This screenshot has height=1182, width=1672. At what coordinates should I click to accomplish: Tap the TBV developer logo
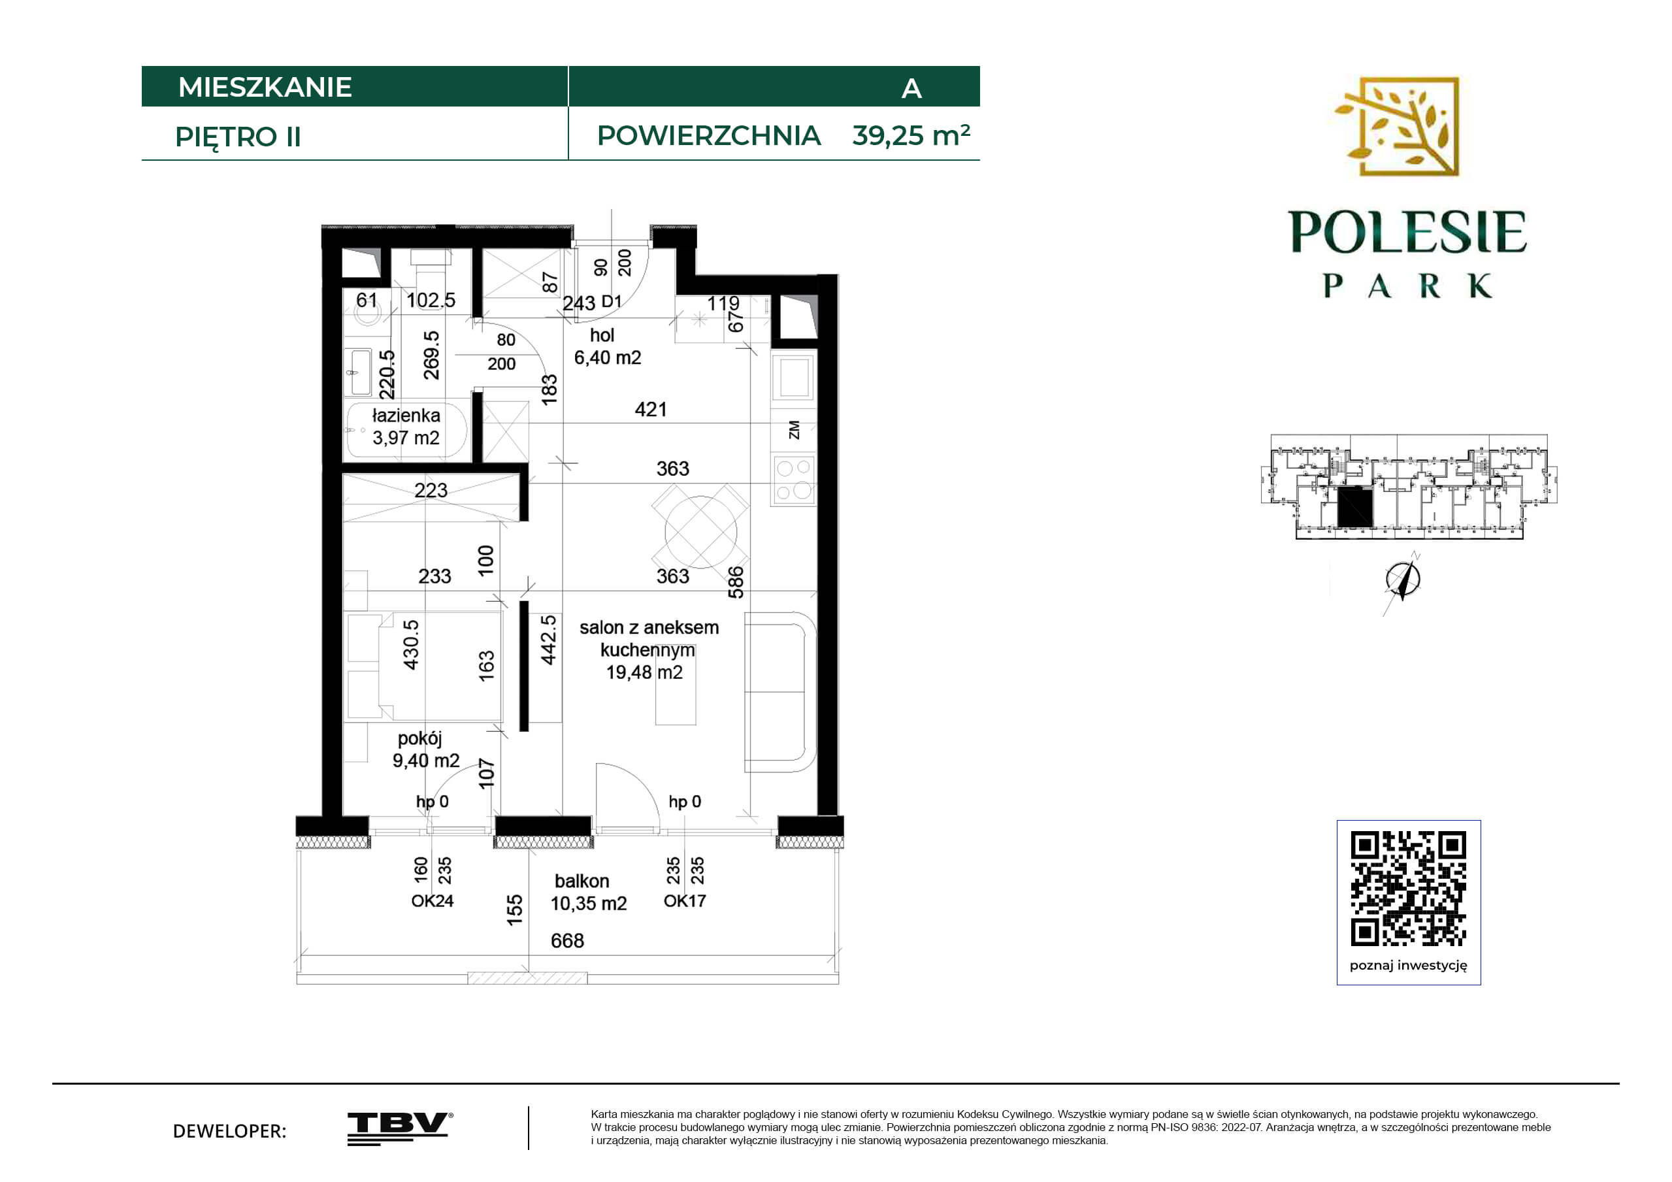point(400,1128)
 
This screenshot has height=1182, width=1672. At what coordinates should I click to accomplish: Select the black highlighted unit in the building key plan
point(1354,507)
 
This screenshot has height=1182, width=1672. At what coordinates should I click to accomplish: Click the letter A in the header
point(911,89)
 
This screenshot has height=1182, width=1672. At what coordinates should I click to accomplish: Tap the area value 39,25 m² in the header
point(910,135)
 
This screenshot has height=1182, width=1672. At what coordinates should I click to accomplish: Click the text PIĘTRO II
point(238,137)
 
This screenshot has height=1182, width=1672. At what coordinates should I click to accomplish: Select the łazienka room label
point(406,415)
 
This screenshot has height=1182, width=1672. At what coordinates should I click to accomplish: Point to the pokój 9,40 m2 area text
point(426,749)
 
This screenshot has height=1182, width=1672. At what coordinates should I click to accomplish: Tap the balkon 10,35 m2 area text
point(589,892)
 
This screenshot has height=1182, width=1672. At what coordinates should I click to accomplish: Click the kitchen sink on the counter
point(794,376)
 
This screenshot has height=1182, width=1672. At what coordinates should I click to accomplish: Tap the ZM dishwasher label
point(794,430)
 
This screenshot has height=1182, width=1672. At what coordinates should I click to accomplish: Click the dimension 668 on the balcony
point(567,941)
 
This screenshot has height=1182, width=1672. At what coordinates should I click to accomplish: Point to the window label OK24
point(432,901)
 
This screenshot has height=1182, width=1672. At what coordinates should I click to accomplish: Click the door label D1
point(612,301)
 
